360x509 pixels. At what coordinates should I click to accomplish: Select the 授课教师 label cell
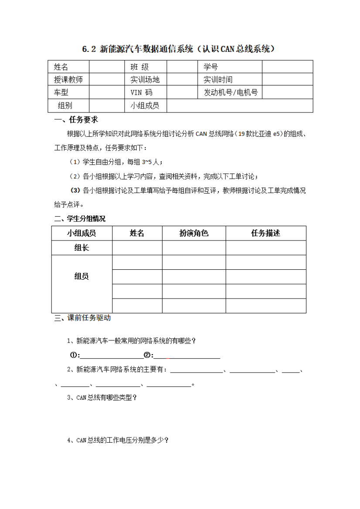click(x=68, y=79)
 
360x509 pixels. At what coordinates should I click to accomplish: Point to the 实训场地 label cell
click(x=145, y=79)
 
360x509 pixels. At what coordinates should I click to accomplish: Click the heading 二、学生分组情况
click(x=79, y=218)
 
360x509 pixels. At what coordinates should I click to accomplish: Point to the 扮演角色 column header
click(x=194, y=233)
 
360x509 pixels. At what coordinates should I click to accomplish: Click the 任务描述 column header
click(x=265, y=233)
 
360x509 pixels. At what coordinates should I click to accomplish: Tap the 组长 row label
click(x=82, y=248)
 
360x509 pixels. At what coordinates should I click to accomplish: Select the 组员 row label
click(x=82, y=276)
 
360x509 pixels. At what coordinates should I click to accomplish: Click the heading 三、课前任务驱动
click(x=82, y=318)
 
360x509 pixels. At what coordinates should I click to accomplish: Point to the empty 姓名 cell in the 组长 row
click(x=137, y=248)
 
